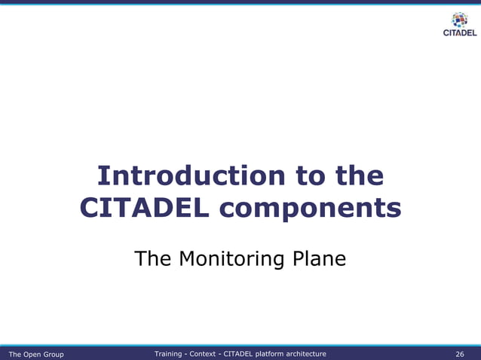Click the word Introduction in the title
tap(188, 176)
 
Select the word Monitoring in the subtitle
tap(232, 260)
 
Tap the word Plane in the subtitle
tap(320, 259)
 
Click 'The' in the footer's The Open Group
tap(15, 354)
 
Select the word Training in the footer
tap(168, 353)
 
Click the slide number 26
tap(460, 354)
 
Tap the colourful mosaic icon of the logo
tap(458, 20)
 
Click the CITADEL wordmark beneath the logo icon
tap(458, 32)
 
